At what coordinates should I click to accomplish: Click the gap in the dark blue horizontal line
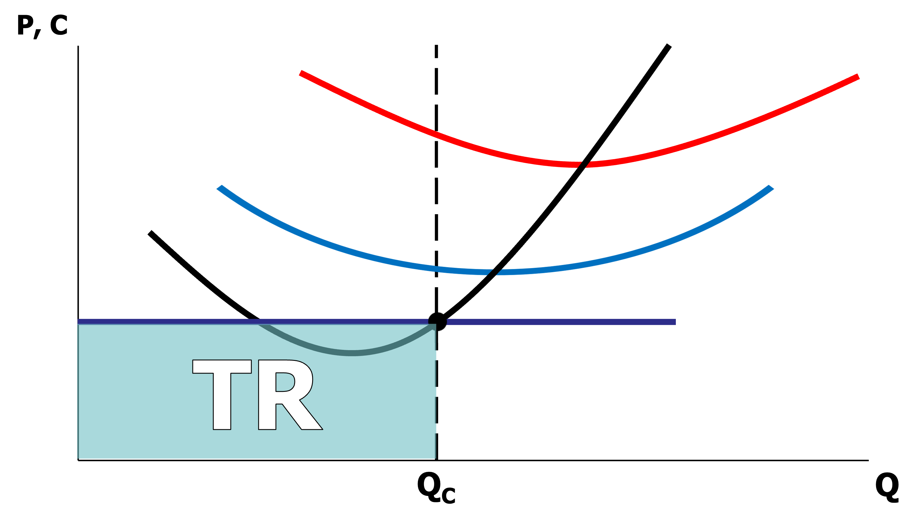[x=437, y=322]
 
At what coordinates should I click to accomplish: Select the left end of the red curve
[x=301, y=73]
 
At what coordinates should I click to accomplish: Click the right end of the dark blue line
[x=675, y=322]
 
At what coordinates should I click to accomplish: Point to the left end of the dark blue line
[x=79, y=321]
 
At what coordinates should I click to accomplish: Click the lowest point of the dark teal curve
[x=351, y=353]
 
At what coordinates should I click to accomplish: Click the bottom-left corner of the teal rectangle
[x=78, y=458]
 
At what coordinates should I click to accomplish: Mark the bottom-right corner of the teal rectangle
[x=436, y=458]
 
